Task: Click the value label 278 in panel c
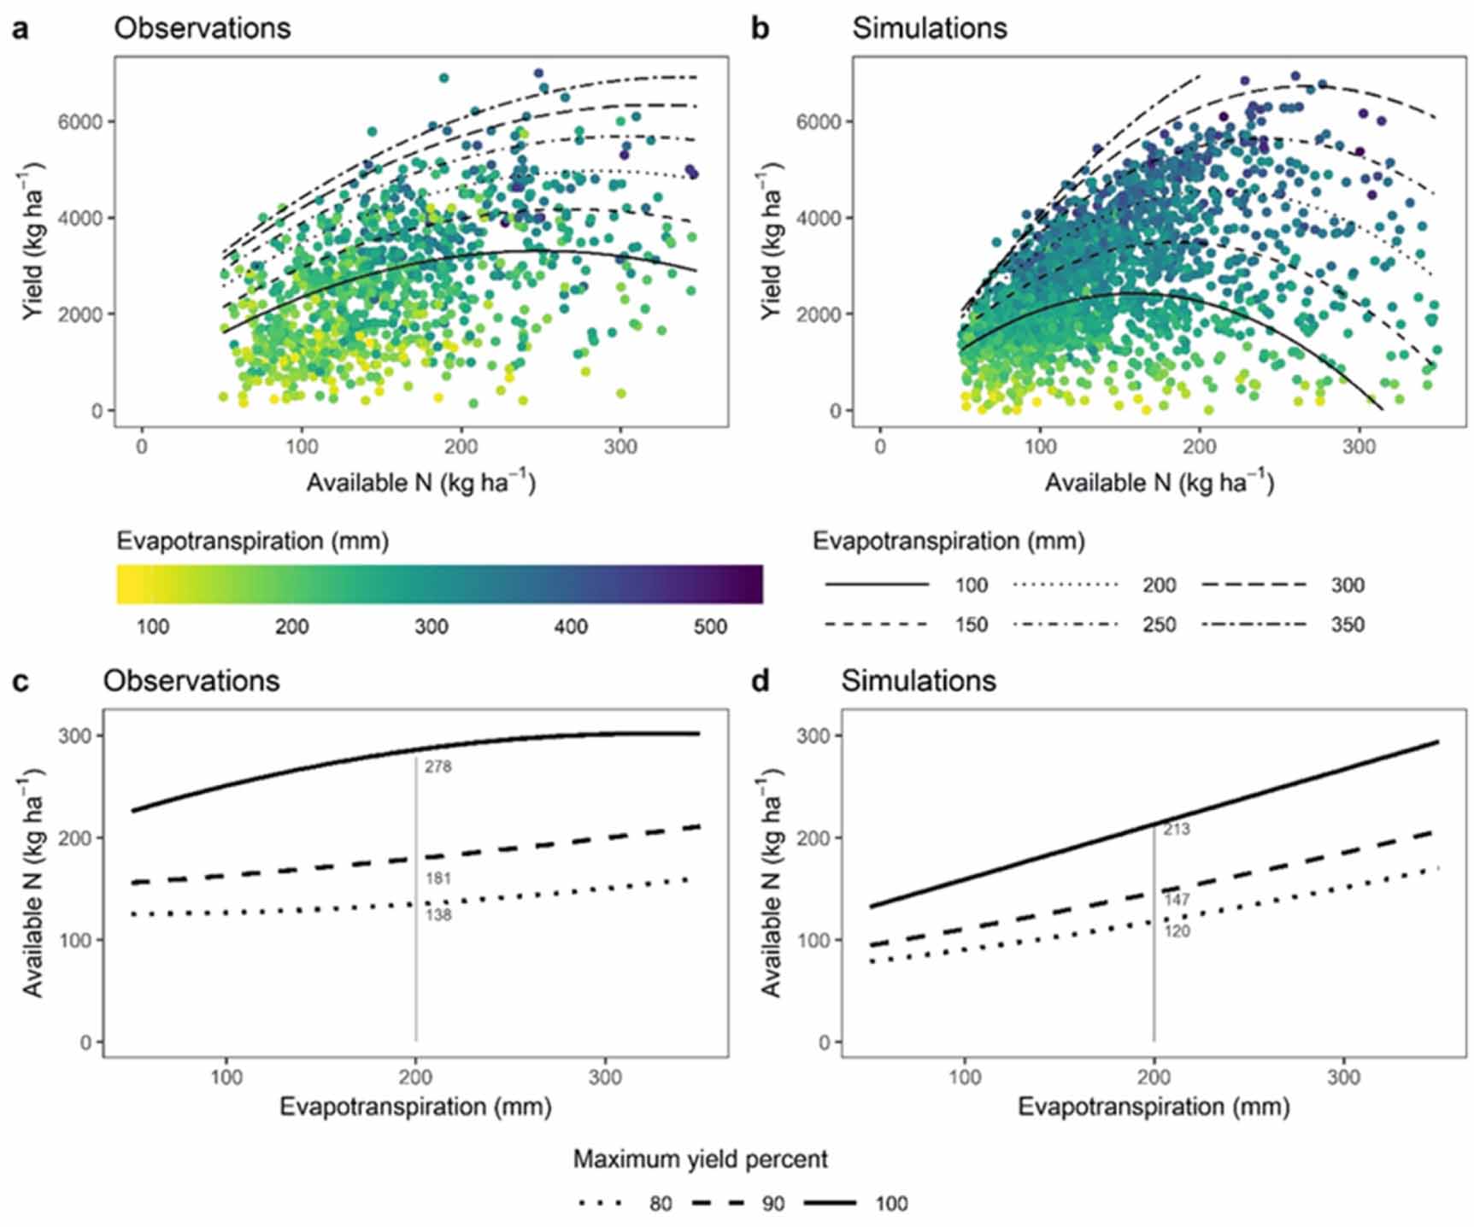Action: coord(438,767)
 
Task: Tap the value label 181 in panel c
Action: coord(438,878)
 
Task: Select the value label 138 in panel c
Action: coord(438,915)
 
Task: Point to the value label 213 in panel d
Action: coord(1177,829)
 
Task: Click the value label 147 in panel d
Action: coord(1177,900)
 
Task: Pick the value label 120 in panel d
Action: coord(1177,931)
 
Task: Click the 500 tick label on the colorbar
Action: coord(710,626)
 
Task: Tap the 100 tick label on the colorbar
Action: coord(153,626)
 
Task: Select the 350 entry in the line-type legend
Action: coord(1347,625)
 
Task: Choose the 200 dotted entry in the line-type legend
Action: coord(1159,585)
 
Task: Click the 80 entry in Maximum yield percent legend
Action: coord(660,1204)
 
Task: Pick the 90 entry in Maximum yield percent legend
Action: coord(772,1204)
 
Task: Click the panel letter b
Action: coord(759,28)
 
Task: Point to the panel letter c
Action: coord(21,680)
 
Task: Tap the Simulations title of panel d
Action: coord(919,680)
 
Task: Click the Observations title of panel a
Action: coord(203,28)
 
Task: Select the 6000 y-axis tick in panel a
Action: coord(79,122)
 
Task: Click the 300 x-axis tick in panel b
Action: coord(1359,446)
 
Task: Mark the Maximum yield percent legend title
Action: coord(700,1159)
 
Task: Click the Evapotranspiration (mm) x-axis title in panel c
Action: coord(415,1107)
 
